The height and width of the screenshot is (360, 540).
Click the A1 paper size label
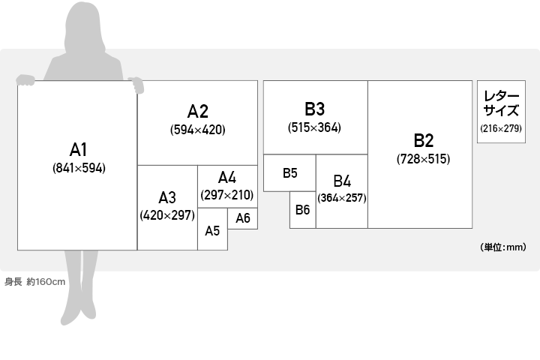(79, 149)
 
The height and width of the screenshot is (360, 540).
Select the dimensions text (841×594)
(79, 168)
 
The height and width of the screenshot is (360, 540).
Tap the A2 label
(197, 112)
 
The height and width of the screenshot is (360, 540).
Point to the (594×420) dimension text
(197, 129)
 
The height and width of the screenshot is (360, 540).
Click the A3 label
(166, 198)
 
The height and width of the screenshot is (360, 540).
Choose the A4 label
(227, 178)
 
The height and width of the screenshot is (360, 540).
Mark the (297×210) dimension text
(227, 195)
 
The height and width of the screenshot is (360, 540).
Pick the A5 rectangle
(212, 230)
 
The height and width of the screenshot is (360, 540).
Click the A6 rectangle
(243, 218)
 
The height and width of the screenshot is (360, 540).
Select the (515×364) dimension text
(315, 127)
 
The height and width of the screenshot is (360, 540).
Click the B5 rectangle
(290, 173)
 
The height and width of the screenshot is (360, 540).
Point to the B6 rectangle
(302, 210)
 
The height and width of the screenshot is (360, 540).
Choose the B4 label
(342, 181)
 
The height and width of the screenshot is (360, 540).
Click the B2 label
(424, 140)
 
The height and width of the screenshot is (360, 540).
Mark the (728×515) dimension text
(424, 159)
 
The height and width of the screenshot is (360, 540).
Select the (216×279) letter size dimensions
(501, 129)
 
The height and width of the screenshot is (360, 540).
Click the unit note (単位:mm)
(502, 247)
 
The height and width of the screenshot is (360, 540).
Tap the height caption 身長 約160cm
(35, 282)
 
